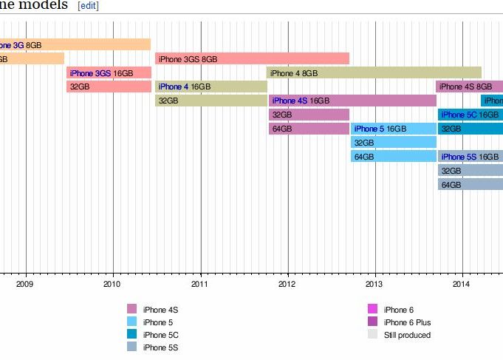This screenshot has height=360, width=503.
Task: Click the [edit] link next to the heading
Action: tap(88, 6)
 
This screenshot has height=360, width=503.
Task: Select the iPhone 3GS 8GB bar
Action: tap(252, 58)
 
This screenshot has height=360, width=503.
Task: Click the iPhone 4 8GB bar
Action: tap(374, 72)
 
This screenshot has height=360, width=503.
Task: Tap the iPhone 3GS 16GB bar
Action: tap(109, 72)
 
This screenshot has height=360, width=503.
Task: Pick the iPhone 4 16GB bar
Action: tap(211, 86)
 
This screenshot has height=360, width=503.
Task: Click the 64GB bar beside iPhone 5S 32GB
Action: tap(470, 185)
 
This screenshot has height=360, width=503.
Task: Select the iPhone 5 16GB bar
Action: tap(393, 129)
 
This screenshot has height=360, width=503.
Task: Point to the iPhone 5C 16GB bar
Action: tap(470, 115)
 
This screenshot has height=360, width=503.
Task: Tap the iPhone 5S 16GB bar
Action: tap(470, 157)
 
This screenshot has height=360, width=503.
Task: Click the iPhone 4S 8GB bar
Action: tap(469, 86)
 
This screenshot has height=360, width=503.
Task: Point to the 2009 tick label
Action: tap(25, 283)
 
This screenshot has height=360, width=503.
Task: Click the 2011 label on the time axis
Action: tap(200, 283)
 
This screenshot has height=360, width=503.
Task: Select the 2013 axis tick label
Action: tap(374, 283)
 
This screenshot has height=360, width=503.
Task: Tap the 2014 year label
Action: tap(462, 283)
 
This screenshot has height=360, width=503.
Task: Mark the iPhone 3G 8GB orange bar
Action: tap(74, 44)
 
